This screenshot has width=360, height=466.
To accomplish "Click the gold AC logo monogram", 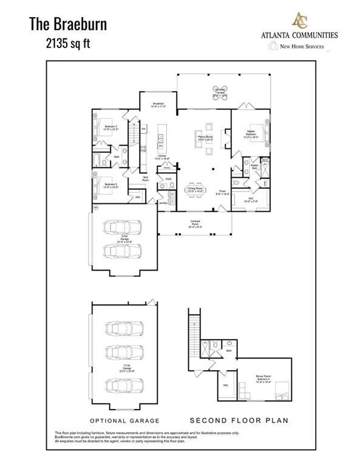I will (x=299, y=20).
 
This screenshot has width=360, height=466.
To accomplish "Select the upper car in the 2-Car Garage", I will (x=124, y=227).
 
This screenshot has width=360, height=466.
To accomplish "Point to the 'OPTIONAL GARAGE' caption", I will (x=124, y=420).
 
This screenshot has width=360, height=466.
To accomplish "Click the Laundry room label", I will (x=162, y=203).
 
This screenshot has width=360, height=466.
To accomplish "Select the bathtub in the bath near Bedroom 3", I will (x=98, y=160).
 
